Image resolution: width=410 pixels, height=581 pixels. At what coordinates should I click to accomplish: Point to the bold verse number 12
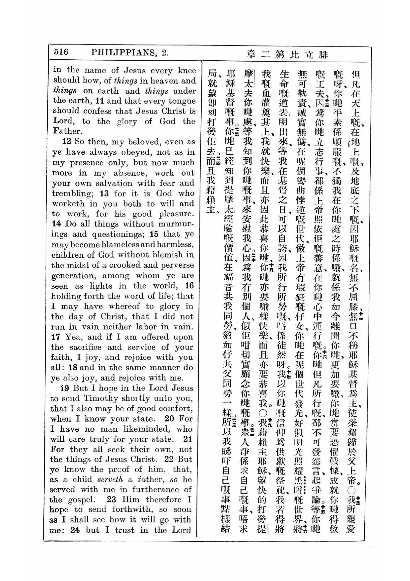click(67, 141)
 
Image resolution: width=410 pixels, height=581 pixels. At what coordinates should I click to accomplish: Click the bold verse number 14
click(57, 224)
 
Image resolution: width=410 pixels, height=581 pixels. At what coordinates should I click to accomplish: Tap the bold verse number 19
click(65, 388)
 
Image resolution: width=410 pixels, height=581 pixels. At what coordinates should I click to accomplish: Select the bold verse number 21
click(188, 439)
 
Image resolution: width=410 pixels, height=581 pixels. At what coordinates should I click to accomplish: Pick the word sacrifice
click(85, 347)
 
